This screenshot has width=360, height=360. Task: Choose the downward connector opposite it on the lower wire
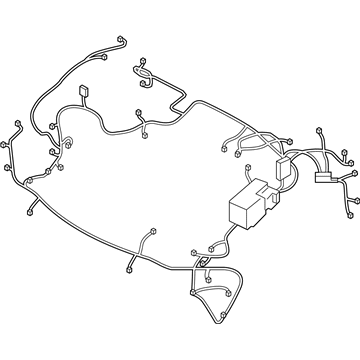[133, 271]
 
